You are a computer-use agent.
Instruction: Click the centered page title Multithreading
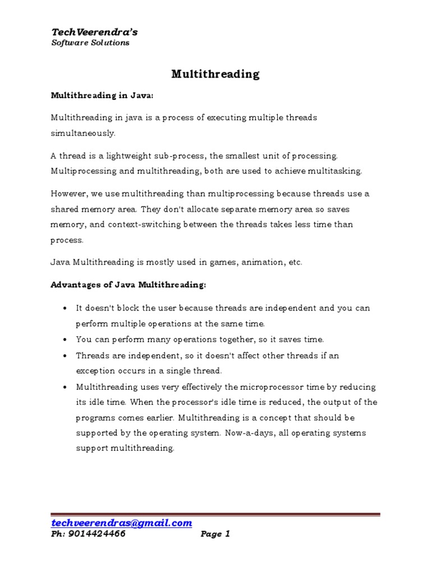click(215, 74)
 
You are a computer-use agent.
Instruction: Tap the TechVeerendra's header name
click(94, 32)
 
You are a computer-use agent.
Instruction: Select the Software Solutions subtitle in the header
click(90, 43)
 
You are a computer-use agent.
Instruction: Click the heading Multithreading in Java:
click(102, 96)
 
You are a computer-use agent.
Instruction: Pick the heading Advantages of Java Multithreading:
click(129, 285)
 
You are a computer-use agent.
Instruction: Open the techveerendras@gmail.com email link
click(122, 522)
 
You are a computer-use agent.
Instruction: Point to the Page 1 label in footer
click(215, 534)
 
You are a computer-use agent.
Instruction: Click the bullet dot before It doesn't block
click(66, 309)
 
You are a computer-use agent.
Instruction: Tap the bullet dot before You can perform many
click(66, 340)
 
